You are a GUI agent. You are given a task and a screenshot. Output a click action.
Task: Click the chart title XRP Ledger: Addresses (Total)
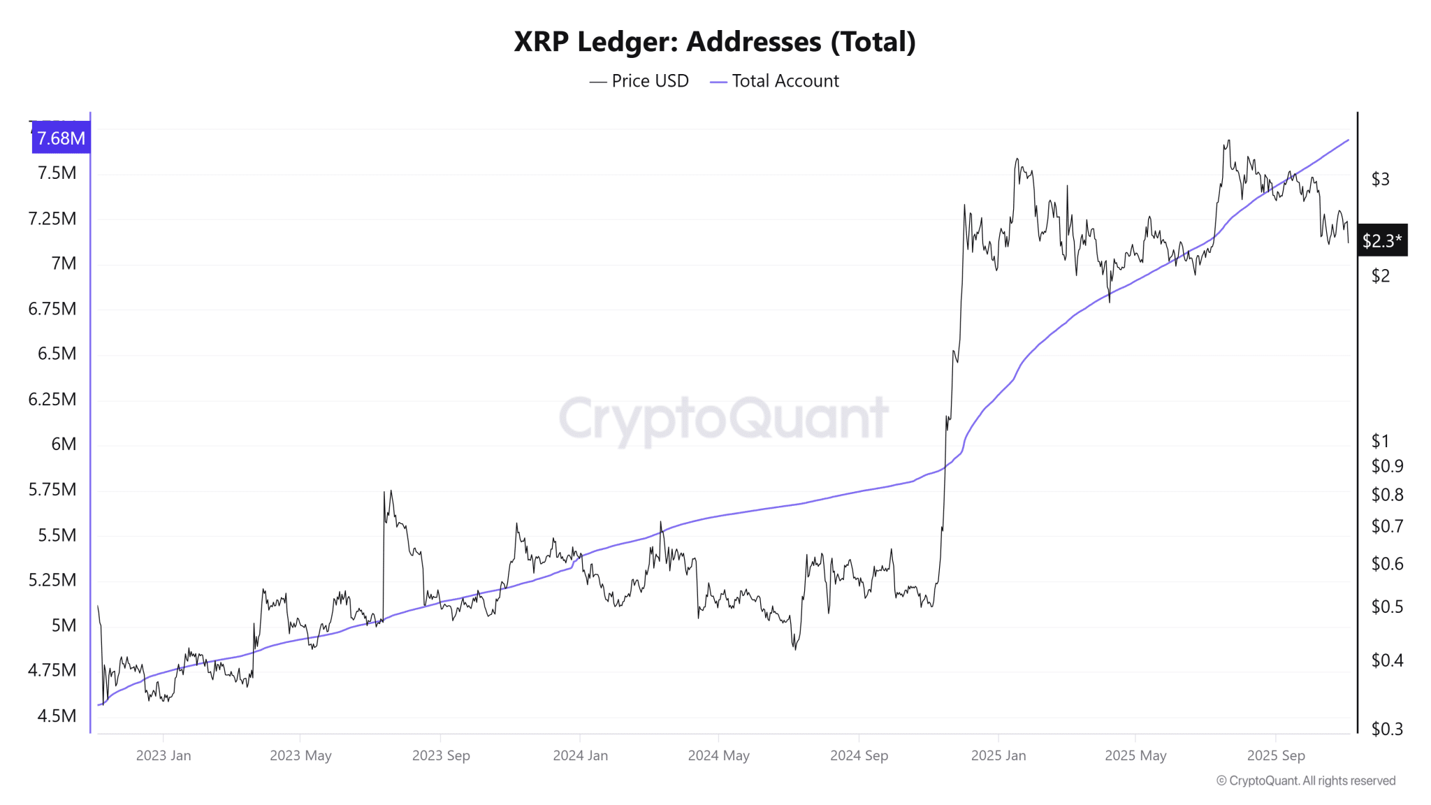pos(715,42)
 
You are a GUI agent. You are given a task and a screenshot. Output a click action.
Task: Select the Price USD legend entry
pos(639,81)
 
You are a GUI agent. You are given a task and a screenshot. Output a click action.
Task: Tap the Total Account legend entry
pos(775,81)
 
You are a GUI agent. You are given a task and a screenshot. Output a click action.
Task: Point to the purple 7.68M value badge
pos(61,138)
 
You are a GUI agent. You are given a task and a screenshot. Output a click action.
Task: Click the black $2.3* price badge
pos(1381,241)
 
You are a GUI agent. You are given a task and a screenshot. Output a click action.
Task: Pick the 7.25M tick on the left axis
pos(52,219)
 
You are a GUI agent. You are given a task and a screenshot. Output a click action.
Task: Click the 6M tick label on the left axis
pos(64,444)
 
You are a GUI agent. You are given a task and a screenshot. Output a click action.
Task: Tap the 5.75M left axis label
pos(52,490)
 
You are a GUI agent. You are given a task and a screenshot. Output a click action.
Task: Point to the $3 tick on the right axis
pos(1380,180)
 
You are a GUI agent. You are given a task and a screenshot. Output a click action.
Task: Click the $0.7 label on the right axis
pos(1387,526)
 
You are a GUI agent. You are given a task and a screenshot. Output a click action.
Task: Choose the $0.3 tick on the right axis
pos(1387,730)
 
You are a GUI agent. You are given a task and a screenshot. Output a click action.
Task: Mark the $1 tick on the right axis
pos(1380,441)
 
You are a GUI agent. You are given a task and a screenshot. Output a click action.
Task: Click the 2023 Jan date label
pos(163,755)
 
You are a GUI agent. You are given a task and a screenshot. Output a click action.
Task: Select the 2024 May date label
pos(718,755)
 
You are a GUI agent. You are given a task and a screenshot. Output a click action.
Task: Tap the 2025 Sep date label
pos(1276,755)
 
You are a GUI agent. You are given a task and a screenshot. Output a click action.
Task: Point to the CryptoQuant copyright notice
pos(1305,781)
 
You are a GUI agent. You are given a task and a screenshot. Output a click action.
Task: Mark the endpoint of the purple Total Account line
pos(1348,140)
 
